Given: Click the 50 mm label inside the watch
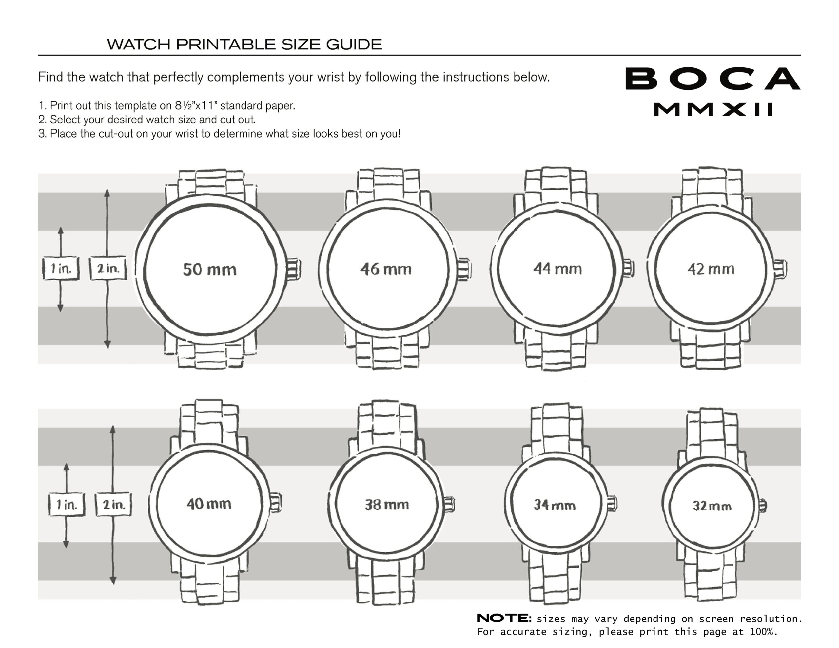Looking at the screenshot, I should (210, 269).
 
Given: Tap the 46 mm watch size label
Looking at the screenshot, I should (386, 269).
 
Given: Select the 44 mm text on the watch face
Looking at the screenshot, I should (557, 269).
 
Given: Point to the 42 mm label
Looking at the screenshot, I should (711, 269).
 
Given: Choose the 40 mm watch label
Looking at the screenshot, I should (209, 504).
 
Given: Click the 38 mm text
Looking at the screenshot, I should (387, 505).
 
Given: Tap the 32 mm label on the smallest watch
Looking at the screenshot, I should (712, 506).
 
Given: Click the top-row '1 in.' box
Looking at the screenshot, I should (61, 268).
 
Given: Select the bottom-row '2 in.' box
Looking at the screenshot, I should (113, 505).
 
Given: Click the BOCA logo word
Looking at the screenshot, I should (712, 79).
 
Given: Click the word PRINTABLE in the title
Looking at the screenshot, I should (225, 45).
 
